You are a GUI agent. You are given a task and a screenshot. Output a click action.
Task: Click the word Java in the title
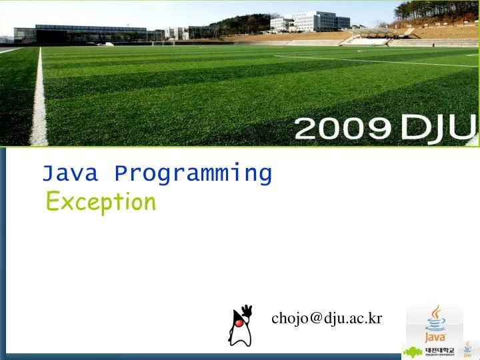click(x=70, y=173)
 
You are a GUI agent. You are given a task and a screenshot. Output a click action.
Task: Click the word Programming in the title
click(x=193, y=174)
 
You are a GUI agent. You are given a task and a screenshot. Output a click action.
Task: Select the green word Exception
click(x=101, y=201)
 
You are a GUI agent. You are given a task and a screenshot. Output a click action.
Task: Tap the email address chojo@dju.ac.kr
click(x=327, y=318)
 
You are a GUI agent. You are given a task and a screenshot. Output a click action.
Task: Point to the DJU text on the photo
click(x=437, y=127)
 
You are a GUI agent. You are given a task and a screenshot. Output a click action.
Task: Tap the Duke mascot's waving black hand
click(x=247, y=310)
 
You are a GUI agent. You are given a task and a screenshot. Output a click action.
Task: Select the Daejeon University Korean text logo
click(x=439, y=351)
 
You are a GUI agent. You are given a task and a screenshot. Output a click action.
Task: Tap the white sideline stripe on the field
click(x=39, y=100)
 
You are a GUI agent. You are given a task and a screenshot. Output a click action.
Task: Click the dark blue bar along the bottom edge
click(x=200, y=356)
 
